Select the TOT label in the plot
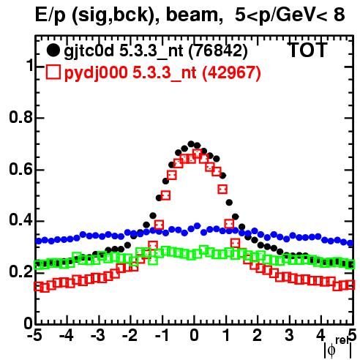point(307,50)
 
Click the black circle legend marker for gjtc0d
point(53,50)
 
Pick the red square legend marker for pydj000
point(53,72)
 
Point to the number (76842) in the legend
point(218,51)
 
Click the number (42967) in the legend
point(232,72)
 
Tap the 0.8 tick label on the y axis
point(20,118)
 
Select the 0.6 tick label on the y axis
point(20,169)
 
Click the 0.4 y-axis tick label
point(20,220)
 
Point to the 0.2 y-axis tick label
point(20,272)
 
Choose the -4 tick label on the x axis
point(66,335)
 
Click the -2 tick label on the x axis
point(130,335)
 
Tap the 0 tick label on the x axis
point(194,335)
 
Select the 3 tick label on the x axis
point(290,335)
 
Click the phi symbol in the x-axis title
point(331,350)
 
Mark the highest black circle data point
point(191,143)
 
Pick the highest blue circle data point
point(198,225)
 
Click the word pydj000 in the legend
point(96,73)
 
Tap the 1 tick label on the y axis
point(29,66)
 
